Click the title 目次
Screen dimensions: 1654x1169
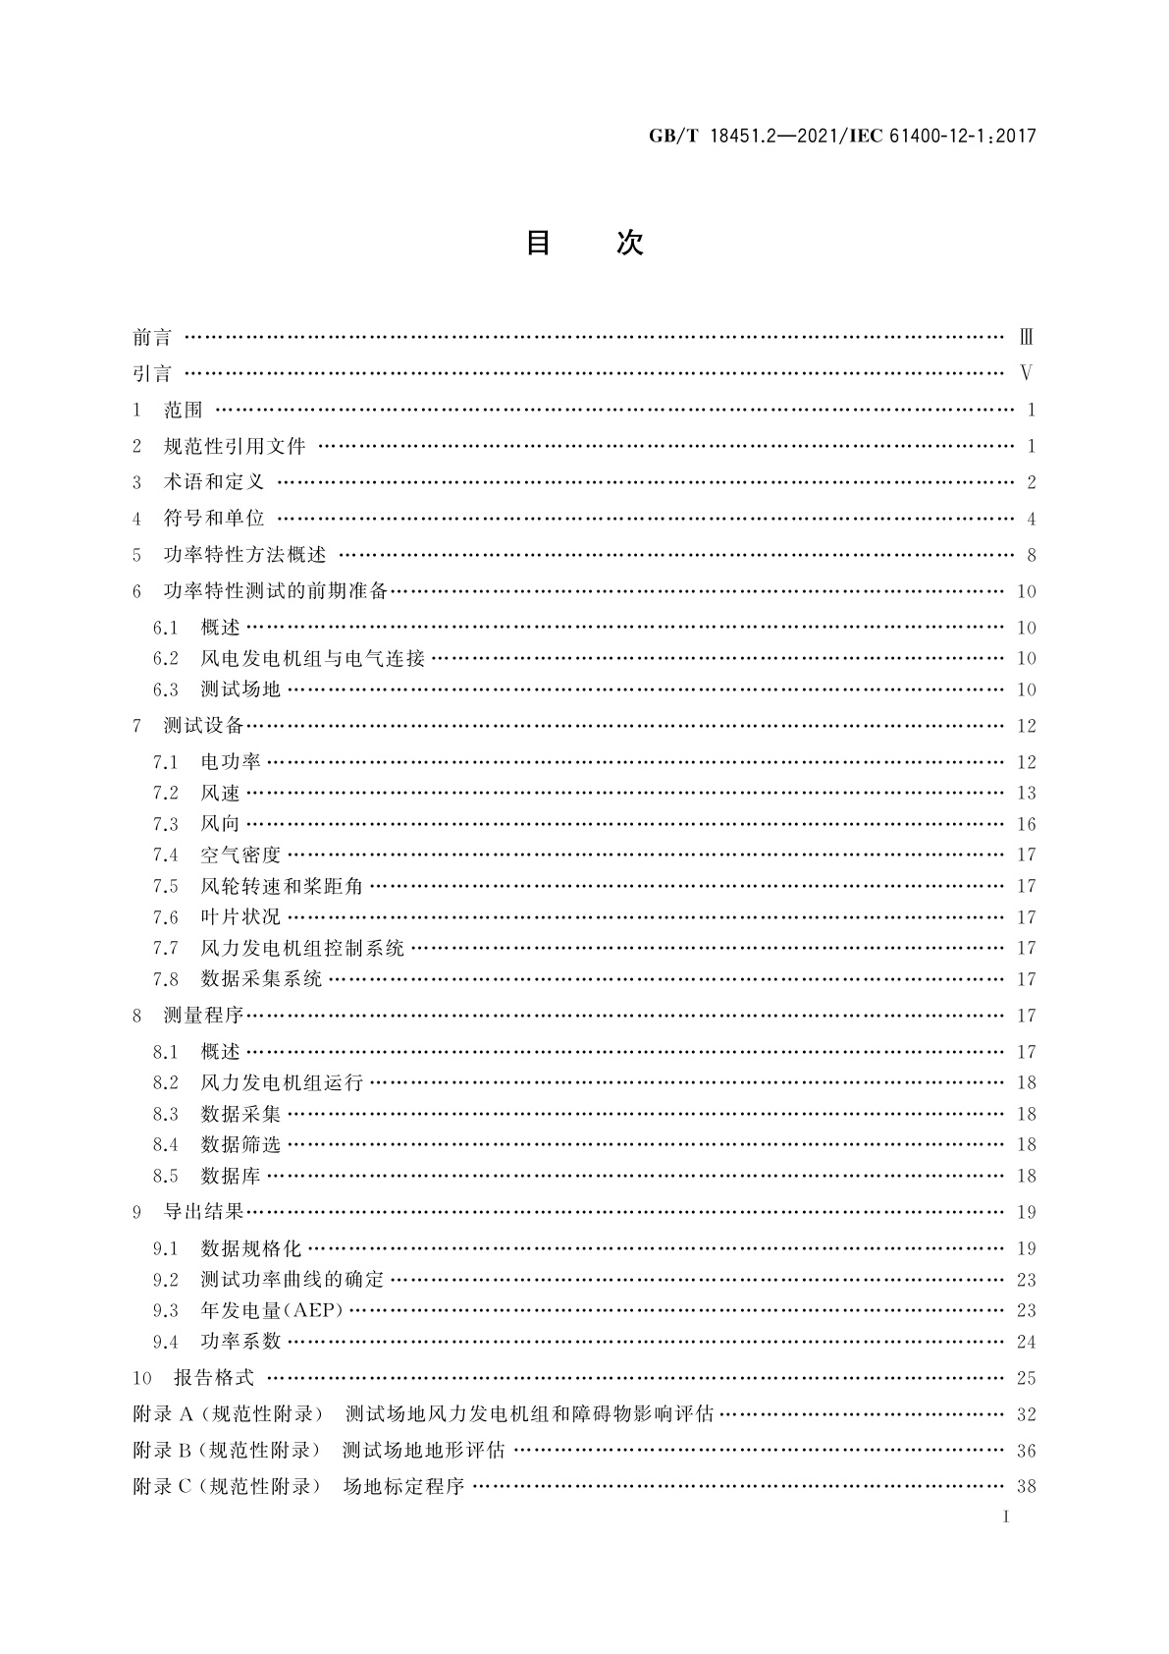click(584, 243)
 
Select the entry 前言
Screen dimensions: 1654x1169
click(152, 338)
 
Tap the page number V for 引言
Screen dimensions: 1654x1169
click(1027, 373)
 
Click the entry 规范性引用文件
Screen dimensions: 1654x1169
click(235, 447)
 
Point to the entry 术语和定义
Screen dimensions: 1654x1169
click(214, 482)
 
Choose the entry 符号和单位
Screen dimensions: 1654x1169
click(214, 519)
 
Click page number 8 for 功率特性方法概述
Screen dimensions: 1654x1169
click(1031, 555)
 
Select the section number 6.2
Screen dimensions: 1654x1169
click(166, 659)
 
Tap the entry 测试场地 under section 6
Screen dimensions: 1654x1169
click(240, 689)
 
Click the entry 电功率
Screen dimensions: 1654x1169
click(231, 762)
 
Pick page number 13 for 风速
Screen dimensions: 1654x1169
click(1026, 794)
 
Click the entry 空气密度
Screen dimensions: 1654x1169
click(240, 855)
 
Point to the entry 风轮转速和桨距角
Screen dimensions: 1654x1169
click(282, 886)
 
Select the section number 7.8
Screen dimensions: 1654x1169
click(166, 979)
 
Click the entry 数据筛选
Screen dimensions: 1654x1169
click(240, 1144)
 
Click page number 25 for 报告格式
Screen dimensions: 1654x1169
click(1026, 1378)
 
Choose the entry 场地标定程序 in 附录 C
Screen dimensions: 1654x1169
click(403, 1486)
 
